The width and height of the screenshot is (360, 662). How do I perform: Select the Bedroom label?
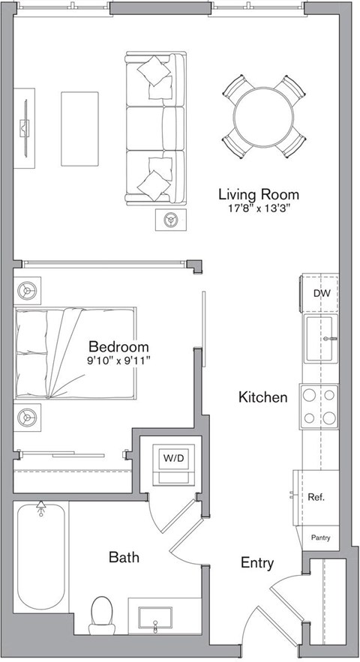point(118,347)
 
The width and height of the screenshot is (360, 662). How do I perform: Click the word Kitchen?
point(262,397)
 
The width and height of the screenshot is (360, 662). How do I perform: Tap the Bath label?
point(124,557)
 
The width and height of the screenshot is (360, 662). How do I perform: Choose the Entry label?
point(256,563)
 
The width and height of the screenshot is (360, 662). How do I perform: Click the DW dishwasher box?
point(321,294)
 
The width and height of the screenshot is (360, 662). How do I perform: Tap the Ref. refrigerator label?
point(316,496)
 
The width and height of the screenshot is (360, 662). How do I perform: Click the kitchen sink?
point(320,338)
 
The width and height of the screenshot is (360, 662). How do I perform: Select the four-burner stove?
point(319,406)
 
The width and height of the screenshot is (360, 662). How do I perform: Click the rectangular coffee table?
point(79,129)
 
